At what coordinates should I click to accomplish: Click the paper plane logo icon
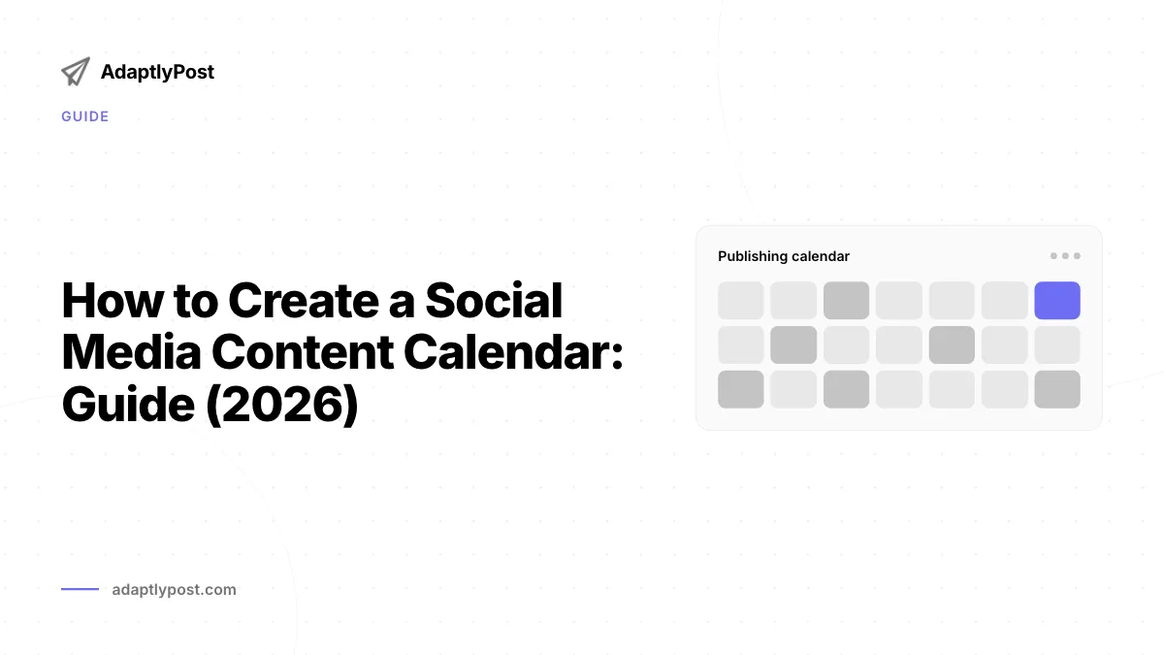click(x=76, y=72)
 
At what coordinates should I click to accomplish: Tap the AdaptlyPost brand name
click(x=157, y=72)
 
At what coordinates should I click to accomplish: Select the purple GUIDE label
click(x=85, y=116)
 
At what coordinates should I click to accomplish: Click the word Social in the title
click(x=494, y=301)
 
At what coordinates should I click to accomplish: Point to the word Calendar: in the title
click(x=513, y=352)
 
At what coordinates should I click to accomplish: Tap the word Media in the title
click(x=132, y=352)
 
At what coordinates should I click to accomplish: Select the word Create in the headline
click(x=304, y=301)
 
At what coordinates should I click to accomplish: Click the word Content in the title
click(x=303, y=352)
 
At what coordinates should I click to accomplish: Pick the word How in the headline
click(x=113, y=301)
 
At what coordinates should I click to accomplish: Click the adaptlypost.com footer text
click(x=174, y=590)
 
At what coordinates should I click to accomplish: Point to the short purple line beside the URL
click(x=80, y=589)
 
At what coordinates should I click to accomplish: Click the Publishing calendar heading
click(x=784, y=256)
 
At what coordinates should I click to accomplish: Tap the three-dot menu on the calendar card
click(x=1065, y=256)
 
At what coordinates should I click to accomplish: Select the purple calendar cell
click(x=1057, y=301)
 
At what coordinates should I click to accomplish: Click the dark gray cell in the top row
click(x=846, y=301)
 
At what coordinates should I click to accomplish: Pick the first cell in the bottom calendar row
click(x=741, y=389)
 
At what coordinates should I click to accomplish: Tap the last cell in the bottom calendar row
click(x=1057, y=389)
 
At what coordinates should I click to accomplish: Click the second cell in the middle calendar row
click(x=793, y=345)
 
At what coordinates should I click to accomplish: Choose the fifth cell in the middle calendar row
click(x=952, y=345)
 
